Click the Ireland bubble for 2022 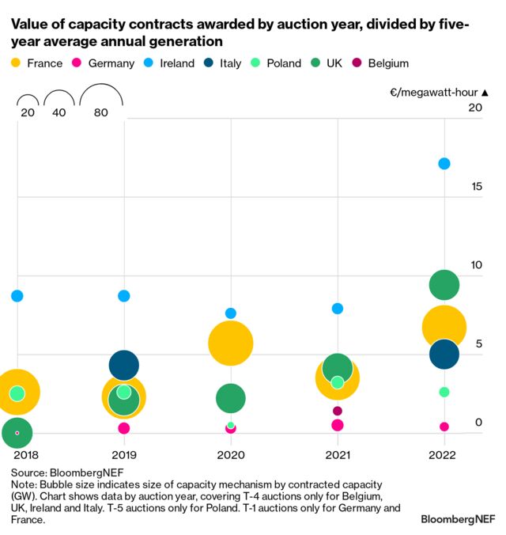tap(444, 164)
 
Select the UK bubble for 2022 tap(444, 285)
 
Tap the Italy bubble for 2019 tap(124, 365)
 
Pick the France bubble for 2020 tap(230, 343)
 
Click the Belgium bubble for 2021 tap(338, 411)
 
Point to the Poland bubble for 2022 tap(444, 392)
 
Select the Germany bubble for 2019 tap(124, 428)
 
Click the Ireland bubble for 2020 tap(230, 313)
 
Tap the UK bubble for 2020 tap(230, 399)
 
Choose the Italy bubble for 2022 tap(444, 354)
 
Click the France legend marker tap(17, 63)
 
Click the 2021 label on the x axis tap(338, 456)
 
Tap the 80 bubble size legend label tap(100, 113)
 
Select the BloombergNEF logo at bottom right tap(456, 519)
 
